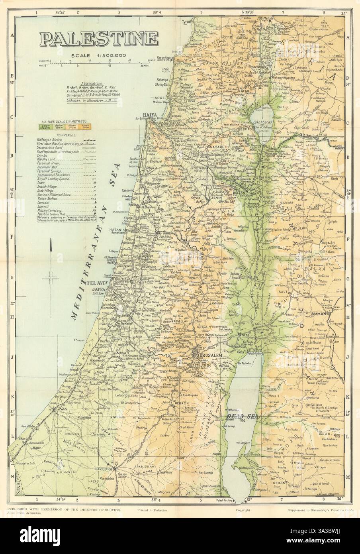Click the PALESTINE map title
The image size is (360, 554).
pyautogui.click(x=98, y=39)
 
